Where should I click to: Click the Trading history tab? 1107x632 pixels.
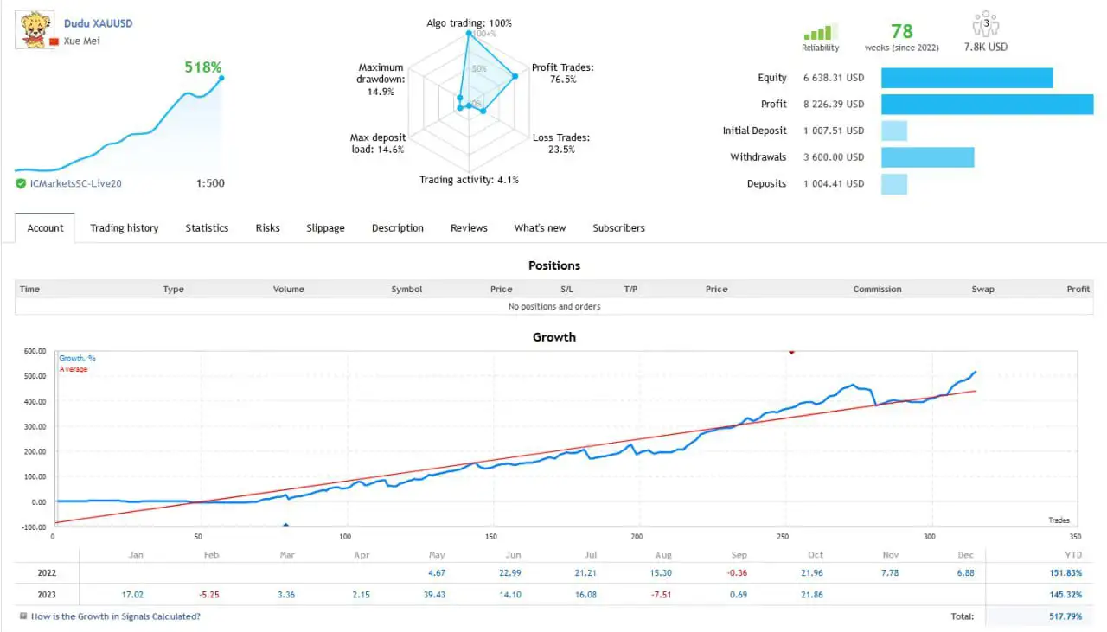pos(125,228)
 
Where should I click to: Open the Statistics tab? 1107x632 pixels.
pos(207,228)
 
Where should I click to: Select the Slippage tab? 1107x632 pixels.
pos(325,228)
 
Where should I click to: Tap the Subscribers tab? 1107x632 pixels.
pos(618,228)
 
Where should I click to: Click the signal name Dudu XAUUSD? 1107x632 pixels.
pos(99,23)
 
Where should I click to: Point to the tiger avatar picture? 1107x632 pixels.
pos(33,29)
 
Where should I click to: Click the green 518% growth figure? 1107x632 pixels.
pos(203,67)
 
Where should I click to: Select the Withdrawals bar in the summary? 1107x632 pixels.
pos(927,157)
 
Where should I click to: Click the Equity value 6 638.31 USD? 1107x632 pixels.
pos(834,78)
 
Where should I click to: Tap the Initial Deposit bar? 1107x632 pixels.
pos(894,131)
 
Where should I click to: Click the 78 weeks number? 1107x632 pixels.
pos(902,32)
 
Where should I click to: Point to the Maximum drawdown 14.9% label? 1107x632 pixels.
pos(381,80)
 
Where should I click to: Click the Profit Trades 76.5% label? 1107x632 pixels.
pos(562,73)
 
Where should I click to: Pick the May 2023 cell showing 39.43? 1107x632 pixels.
pos(437,596)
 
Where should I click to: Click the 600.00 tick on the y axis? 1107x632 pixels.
pos(35,351)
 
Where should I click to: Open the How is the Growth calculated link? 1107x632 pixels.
pos(115,616)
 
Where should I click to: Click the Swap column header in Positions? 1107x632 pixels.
pos(982,290)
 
